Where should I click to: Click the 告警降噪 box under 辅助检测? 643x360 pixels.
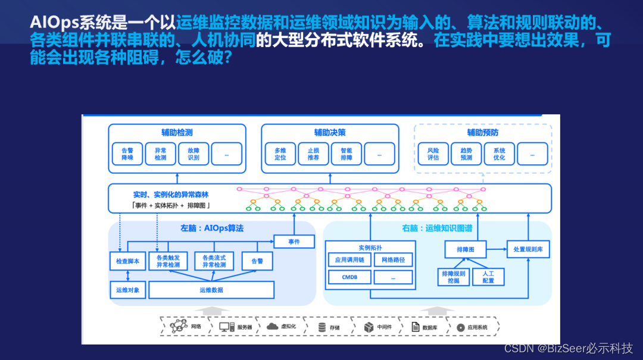pos(127,154)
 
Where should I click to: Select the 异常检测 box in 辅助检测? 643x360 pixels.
pos(161,154)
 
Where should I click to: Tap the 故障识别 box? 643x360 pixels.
pos(193,154)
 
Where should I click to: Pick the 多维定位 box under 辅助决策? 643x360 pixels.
pos(280,154)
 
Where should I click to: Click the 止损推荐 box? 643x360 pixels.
pos(313,154)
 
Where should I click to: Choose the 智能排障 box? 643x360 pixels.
pos(347,154)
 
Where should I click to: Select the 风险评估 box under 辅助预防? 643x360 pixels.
pos(433,154)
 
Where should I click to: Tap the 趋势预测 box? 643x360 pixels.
pos(466,154)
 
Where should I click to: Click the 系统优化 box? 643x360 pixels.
pos(499,154)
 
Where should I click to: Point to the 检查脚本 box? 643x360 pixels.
pos(128,261)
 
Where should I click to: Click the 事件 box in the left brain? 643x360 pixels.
pos(294,242)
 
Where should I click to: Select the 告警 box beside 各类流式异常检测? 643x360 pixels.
pos(257,261)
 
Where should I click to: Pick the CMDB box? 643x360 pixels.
pos(349,277)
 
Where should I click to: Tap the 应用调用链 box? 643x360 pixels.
pos(349,260)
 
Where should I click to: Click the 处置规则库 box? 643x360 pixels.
pos(528,249)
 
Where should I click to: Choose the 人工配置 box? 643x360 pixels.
pos(488,277)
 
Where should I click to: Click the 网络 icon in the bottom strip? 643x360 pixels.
pos(179,326)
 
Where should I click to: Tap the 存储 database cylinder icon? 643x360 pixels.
pos(322,327)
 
